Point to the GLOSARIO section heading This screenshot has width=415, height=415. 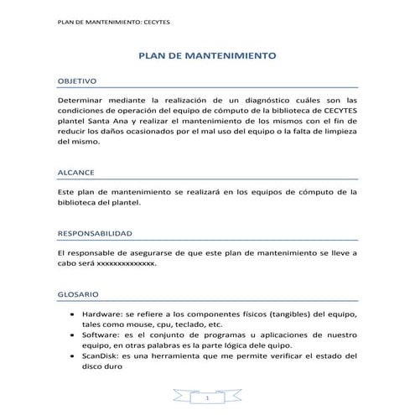pos(77,295)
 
